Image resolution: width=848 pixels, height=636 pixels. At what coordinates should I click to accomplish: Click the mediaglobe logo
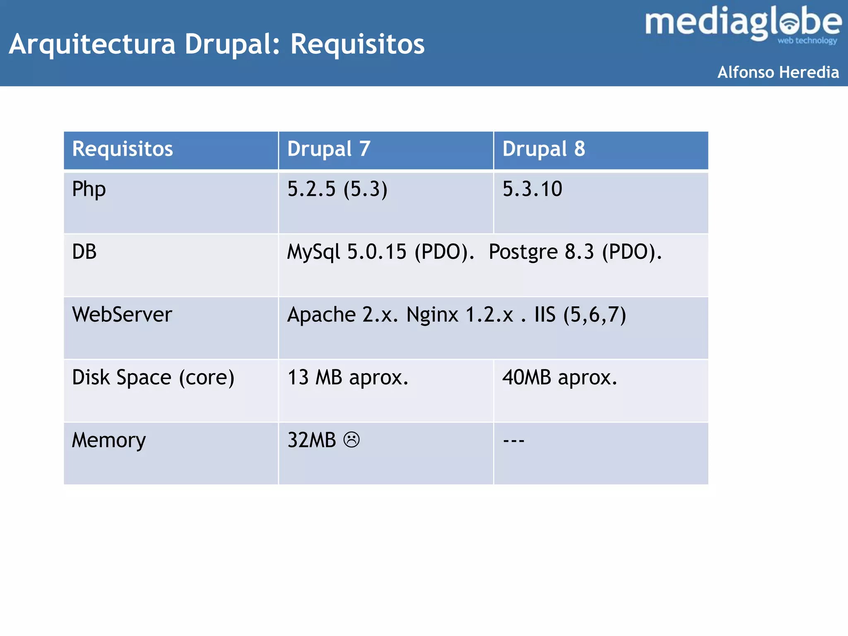pos(743,24)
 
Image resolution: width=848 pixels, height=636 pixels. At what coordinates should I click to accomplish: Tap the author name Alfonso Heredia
pos(778,72)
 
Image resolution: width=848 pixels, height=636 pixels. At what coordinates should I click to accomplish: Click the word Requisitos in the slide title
pos(357,44)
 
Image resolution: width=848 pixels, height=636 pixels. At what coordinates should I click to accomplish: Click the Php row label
pos(89,190)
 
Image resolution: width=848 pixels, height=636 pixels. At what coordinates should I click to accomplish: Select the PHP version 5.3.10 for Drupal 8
pos(532,189)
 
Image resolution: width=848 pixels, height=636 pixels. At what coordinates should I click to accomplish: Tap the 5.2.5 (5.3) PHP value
pos(337,189)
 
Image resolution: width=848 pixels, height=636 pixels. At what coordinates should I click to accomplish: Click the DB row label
pos(84,252)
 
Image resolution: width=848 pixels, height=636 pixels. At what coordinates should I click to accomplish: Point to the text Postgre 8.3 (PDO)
pos(575,252)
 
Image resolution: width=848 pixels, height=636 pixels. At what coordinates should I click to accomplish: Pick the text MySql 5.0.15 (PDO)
pos(381,252)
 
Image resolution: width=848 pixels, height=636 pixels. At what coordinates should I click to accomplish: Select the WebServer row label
pos(122,315)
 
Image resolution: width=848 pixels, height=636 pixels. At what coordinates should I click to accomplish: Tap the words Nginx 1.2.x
pos(460,315)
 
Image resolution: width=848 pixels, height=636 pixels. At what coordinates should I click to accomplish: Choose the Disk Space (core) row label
pos(153,378)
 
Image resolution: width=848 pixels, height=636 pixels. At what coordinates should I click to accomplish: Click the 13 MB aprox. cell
pos(348,378)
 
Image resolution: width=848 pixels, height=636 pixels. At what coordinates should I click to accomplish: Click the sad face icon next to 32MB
pos(352,440)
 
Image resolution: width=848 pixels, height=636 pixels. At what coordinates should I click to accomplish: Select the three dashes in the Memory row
pos(513,441)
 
